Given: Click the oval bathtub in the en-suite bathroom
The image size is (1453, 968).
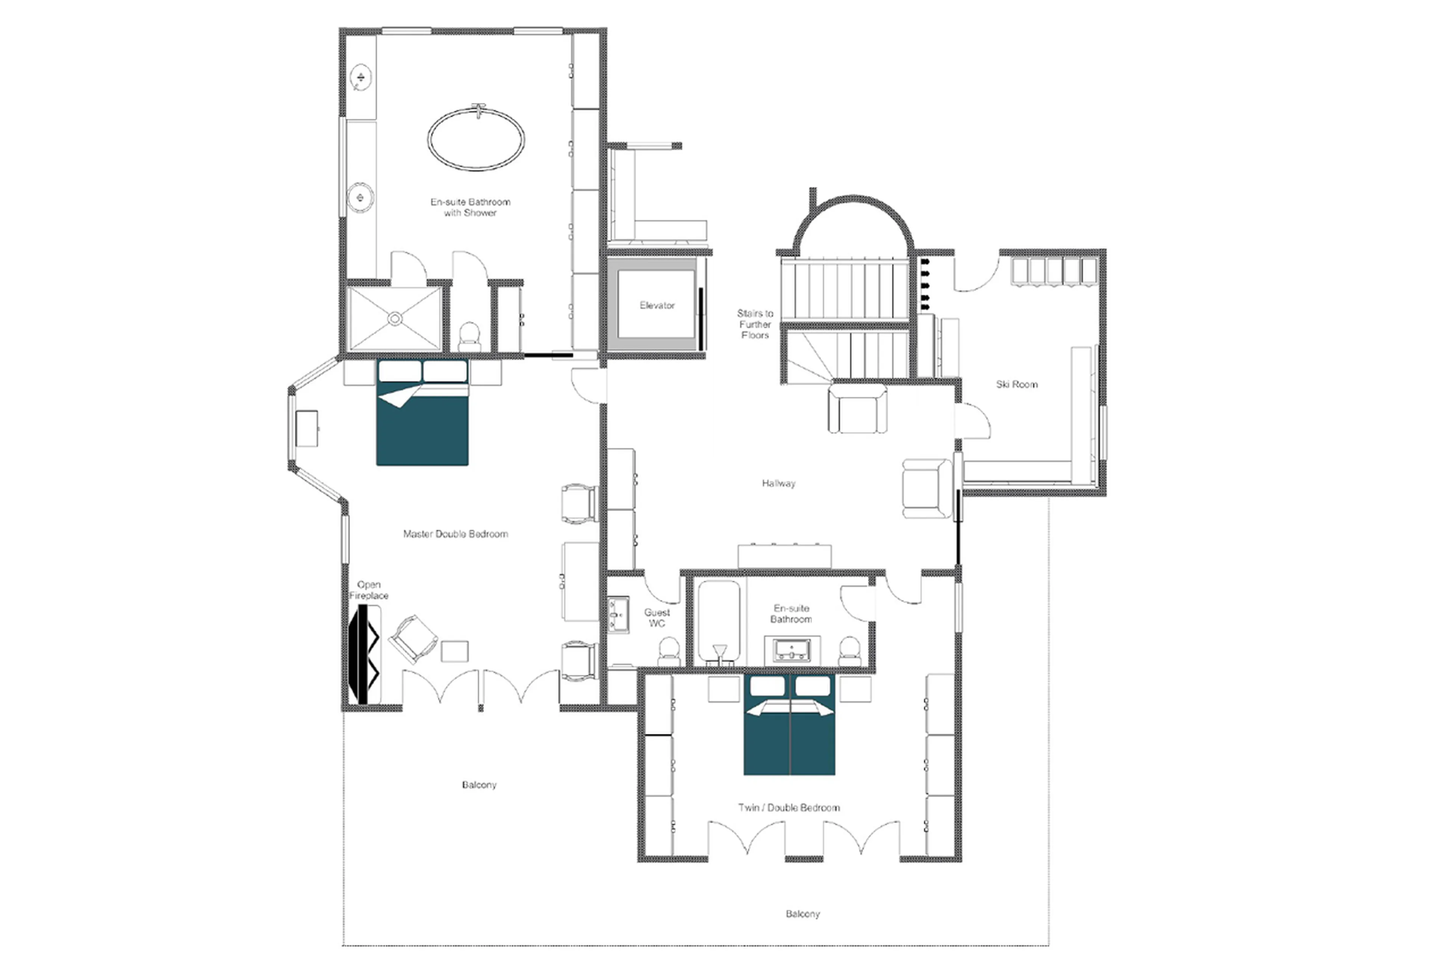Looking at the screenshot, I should tap(476, 140).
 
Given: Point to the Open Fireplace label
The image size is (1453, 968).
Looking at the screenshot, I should tap(369, 590).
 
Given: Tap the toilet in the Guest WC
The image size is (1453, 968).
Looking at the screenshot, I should tap(668, 651).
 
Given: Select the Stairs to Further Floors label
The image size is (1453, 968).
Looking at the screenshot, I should tap(755, 324).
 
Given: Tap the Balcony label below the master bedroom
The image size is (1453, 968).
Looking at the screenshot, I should tap(479, 785).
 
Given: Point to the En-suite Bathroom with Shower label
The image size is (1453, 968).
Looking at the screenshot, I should tap(470, 207).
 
